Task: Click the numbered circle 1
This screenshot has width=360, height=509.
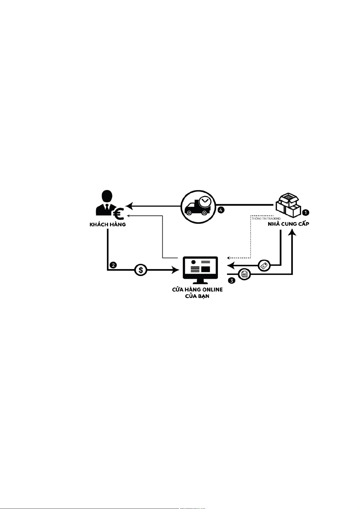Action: click(x=306, y=213)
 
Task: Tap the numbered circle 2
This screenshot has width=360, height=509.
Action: click(x=113, y=265)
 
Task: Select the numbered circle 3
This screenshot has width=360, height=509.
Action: click(x=232, y=281)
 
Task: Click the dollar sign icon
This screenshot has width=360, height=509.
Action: click(x=141, y=270)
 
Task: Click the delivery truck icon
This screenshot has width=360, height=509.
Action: click(x=198, y=207)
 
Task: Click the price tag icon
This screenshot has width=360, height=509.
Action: click(x=264, y=266)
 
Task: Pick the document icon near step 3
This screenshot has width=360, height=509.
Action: click(x=245, y=274)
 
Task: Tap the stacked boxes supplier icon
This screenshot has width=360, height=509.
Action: click(x=289, y=205)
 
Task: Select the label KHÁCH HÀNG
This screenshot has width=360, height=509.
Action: click(x=108, y=225)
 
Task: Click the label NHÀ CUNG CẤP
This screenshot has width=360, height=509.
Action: click(x=289, y=224)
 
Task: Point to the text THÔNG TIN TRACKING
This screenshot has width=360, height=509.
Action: click(x=266, y=218)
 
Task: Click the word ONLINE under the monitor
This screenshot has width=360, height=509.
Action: click(x=211, y=289)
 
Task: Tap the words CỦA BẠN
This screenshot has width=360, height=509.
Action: click(x=197, y=296)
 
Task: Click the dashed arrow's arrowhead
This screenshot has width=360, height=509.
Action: click(x=229, y=258)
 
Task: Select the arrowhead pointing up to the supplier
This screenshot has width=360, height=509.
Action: click(x=292, y=232)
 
